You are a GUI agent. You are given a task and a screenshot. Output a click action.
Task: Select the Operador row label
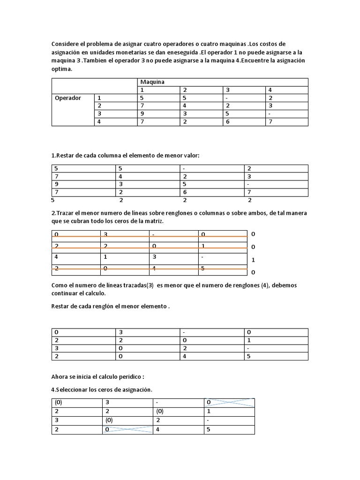tap(68, 98)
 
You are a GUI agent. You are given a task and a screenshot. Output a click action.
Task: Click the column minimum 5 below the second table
tap(53, 200)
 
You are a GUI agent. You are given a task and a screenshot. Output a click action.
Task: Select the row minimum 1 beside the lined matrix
tap(253, 260)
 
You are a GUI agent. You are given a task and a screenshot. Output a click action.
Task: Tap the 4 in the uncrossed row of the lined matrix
tap(56, 257)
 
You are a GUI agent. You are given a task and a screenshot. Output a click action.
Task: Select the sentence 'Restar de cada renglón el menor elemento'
tap(110, 306)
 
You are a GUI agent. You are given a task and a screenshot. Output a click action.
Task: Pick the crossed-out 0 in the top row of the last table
tap(209, 402)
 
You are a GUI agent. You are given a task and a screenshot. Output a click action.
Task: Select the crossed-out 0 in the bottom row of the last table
tap(107, 429)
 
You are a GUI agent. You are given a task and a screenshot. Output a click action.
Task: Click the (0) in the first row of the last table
tap(58, 402)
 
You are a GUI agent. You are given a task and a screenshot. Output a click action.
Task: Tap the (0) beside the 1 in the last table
tap(161, 411)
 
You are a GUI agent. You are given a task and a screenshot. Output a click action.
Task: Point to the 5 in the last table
tap(208, 429)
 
